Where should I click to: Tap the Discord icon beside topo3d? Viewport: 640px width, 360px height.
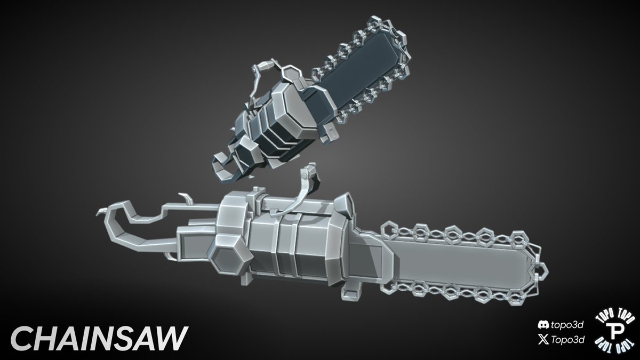coord(543,325)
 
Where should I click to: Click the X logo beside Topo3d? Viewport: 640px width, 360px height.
coord(543,340)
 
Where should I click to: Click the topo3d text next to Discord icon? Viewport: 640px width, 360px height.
coord(567,325)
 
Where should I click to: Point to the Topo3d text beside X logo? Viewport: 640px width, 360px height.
coord(567,340)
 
